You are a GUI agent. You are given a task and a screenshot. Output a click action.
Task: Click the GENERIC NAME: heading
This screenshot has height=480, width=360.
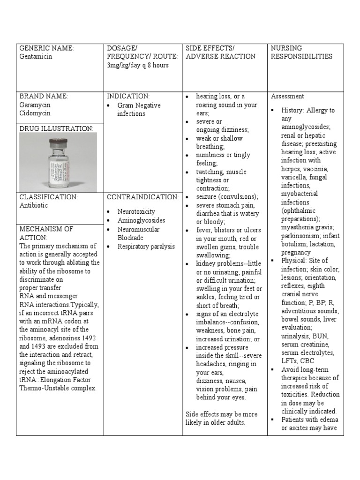tap(46, 48)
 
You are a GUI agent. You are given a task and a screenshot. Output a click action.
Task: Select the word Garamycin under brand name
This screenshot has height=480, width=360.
tap(35, 105)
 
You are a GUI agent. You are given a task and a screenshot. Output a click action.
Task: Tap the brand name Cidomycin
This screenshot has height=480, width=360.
tap(35, 113)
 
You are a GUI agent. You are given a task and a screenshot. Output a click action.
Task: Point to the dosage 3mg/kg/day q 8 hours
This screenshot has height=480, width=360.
tap(137, 65)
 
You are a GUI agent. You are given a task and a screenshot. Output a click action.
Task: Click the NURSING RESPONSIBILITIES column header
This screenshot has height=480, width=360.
tap(301, 52)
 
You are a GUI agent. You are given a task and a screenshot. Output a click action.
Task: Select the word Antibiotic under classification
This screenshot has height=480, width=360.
tap(33, 205)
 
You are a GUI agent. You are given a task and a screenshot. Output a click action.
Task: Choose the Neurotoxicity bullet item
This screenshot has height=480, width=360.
tap(136, 212)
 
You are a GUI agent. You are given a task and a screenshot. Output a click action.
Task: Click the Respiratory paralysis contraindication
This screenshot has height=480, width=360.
tap(146, 246)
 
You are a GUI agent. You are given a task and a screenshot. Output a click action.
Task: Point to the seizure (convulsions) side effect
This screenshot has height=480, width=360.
tap(220, 196)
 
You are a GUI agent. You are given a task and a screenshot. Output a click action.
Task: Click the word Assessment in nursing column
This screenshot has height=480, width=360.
tap(287, 96)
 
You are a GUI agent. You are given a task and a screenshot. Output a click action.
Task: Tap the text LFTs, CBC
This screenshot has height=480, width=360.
tap(298, 361)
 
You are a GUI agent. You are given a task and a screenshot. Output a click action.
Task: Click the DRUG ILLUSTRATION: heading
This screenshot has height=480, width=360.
tap(56, 128)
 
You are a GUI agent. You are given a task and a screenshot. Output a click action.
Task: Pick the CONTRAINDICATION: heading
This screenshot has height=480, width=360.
tap(142, 197)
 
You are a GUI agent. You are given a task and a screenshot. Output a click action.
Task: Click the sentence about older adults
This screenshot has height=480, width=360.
tap(221, 418)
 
